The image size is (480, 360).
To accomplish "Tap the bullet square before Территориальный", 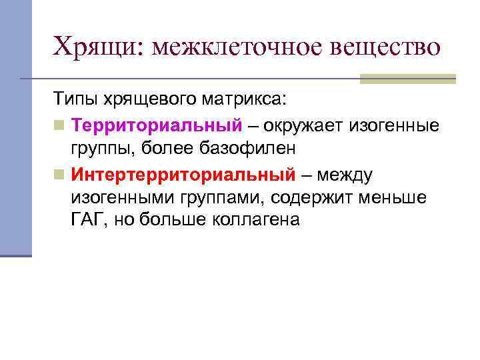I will click(x=59, y=126).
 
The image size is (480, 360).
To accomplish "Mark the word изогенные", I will click(x=403, y=125).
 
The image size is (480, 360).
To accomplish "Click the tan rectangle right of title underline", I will click(x=407, y=79).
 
